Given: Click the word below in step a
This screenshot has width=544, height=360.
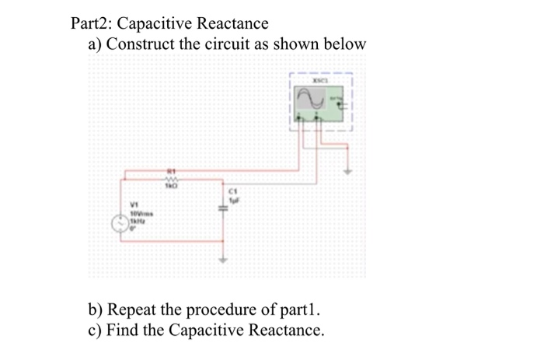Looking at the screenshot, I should click(343, 44).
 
